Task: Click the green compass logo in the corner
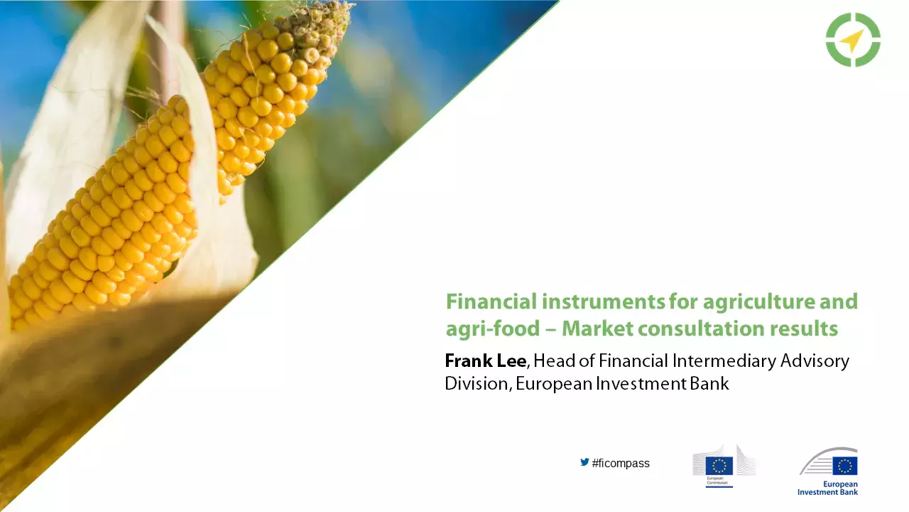click(853, 40)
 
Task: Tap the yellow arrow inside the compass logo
click(851, 41)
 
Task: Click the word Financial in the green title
click(491, 302)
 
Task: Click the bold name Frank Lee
click(485, 361)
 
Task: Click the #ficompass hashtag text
click(620, 464)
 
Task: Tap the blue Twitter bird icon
click(584, 462)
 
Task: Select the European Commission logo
click(724, 466)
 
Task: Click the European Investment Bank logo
click(828, 471)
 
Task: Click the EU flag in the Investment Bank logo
click(844, 466)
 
